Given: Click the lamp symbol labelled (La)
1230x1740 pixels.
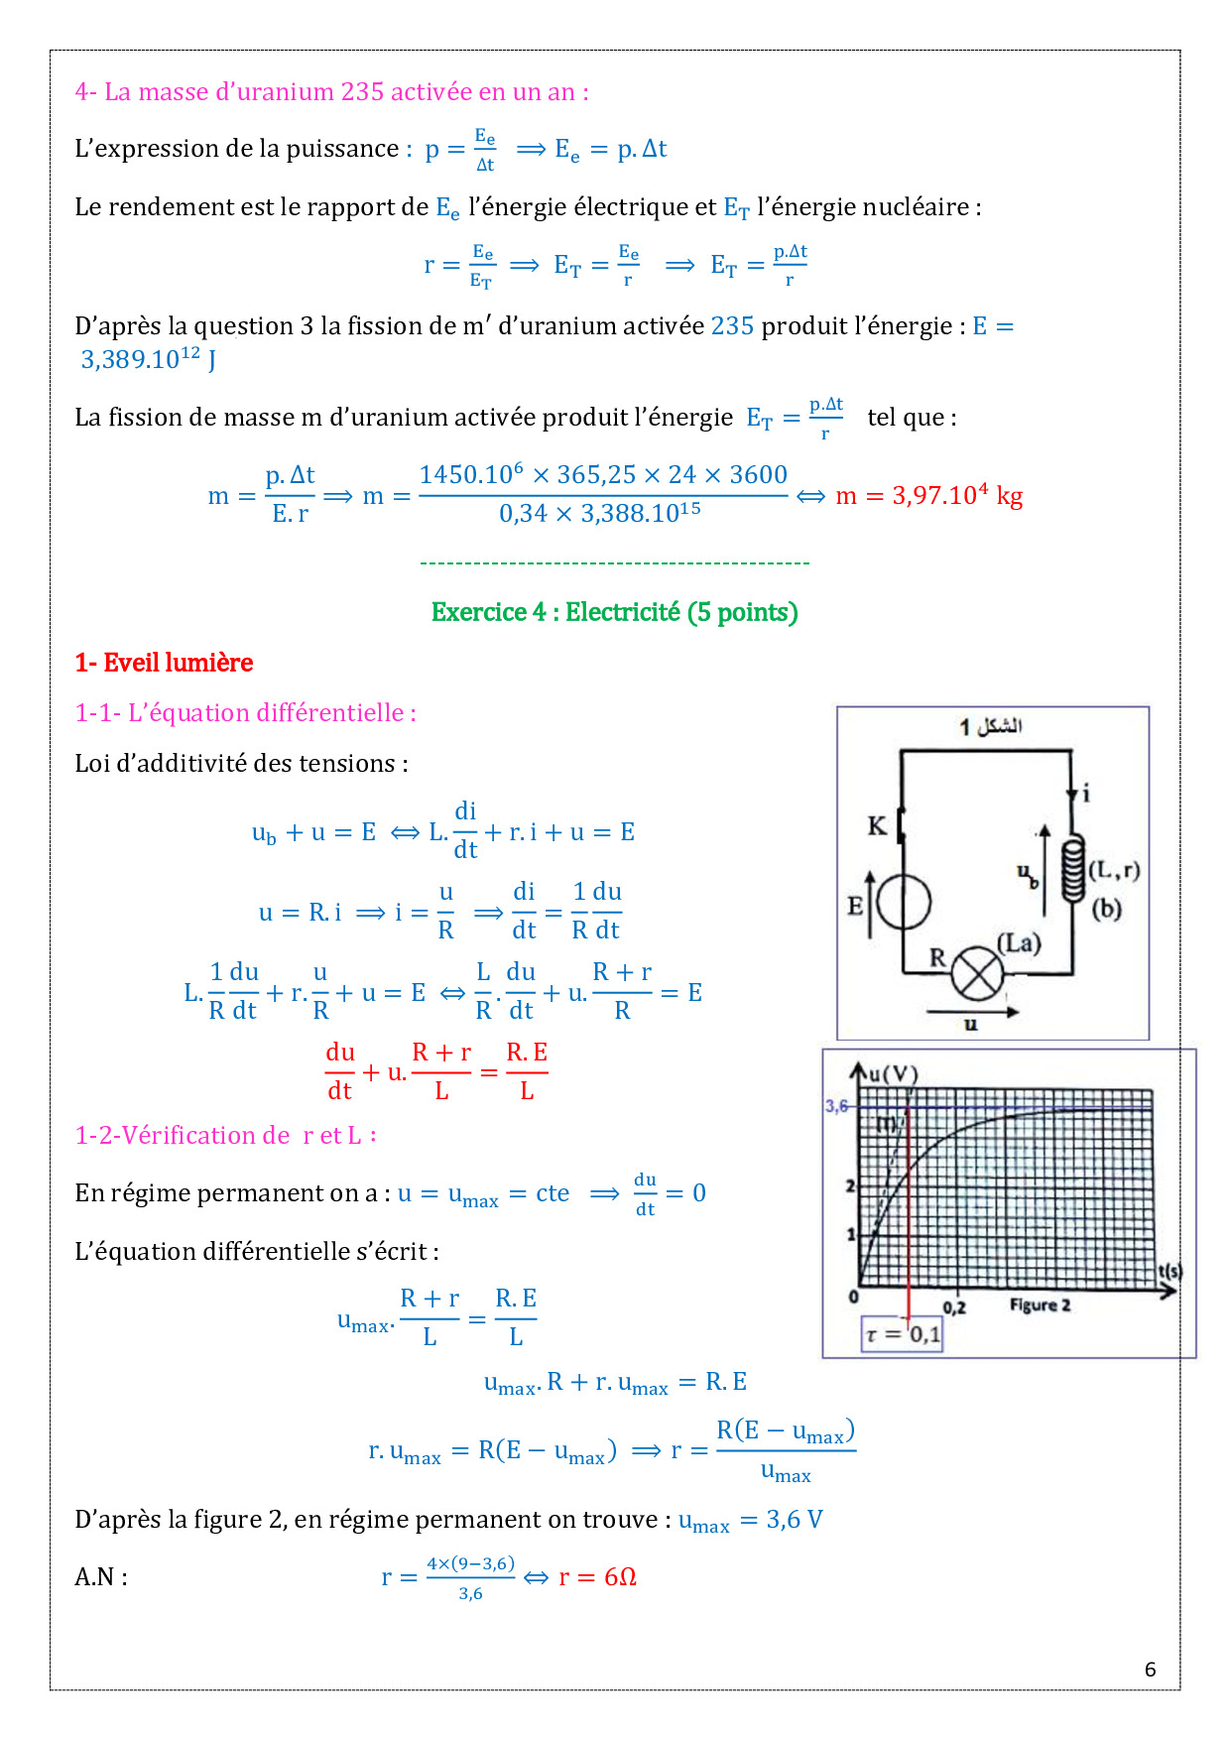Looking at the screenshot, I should coord(977,974).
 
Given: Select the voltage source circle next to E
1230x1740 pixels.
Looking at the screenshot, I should coord(904,903).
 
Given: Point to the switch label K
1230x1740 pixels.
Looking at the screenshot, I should coord(877,826).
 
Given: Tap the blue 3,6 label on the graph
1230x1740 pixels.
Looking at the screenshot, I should coord(836,1106).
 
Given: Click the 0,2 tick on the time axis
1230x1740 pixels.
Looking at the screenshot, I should coord(954,1307).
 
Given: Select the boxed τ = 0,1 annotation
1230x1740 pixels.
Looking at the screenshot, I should coord(902,1334).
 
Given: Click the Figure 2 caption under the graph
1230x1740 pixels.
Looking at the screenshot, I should coord(1040,1305).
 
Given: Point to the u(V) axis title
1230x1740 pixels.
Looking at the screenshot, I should coord(893,1073).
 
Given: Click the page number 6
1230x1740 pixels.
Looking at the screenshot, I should coord(1150,1670).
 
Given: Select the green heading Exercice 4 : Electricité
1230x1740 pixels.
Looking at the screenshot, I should coord(614,612).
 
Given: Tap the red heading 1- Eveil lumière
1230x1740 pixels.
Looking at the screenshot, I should coord(164,663).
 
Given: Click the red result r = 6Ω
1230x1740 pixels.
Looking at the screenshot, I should coord(597,1577).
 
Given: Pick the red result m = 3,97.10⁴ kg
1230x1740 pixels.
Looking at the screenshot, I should coord(928,495).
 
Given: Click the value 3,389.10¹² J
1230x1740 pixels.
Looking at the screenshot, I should coord(148,359).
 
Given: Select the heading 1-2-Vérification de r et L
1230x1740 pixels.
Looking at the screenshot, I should coord(225,1135).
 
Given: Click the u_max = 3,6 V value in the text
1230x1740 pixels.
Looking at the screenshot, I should coord(750,1520).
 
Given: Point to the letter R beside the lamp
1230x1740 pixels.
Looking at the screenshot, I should coord(937,957).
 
